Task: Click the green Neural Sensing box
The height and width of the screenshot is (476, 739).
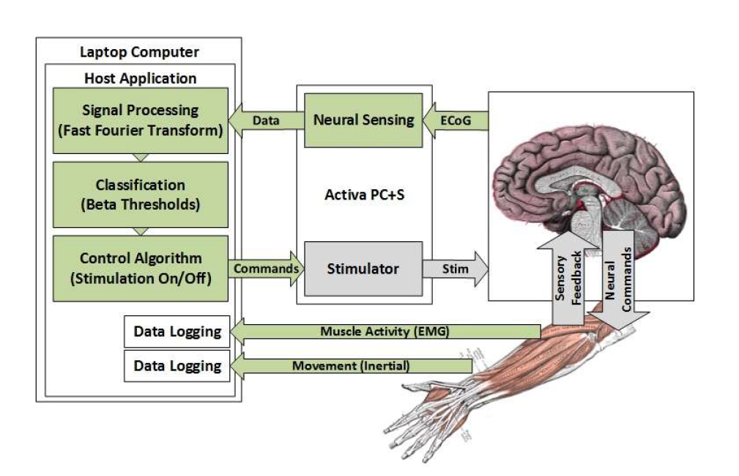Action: click(363, 120)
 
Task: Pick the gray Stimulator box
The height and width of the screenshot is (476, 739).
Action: click(363, 268)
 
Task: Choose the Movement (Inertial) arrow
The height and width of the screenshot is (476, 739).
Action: click(352, 365)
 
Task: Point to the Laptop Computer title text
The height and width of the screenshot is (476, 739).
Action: click(138, 52)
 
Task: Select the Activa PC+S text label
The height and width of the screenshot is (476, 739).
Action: click(363, 197)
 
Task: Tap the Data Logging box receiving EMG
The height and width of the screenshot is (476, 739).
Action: click(177, 332)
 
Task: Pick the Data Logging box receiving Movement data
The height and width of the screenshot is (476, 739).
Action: click(177, 365)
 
